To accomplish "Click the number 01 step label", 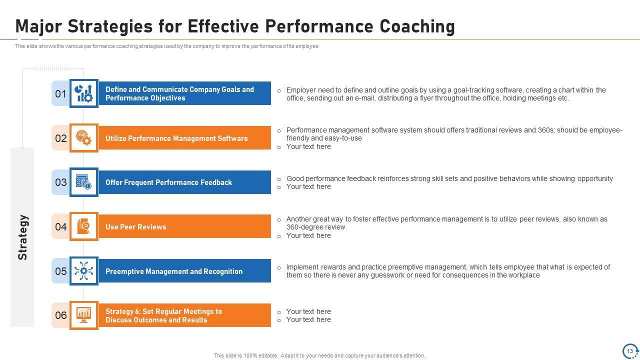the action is click(x=60, y=93).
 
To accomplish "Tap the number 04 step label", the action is click(x=61, y=227).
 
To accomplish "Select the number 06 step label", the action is click(x=61, y=315).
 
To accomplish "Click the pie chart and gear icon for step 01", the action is click(x=83, y=93).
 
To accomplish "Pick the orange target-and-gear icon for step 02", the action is click(x=83, y=138).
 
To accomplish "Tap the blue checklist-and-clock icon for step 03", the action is click(x=83, y=182).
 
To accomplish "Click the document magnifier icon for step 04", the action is click(x=83, y=226).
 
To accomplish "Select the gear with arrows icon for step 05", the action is click(x=83, y=270).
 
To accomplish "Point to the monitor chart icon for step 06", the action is click(x=83, y=315).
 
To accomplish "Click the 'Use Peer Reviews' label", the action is click(x=135, y=227).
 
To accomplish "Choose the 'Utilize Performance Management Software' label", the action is click(x=176, y=138).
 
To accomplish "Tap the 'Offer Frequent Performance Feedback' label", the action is click(x=168, y=182).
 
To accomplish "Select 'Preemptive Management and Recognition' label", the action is click(x=174, y=271).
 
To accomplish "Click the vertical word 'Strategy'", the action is click(x=22, y=237).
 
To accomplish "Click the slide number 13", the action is click(x=630, y=351).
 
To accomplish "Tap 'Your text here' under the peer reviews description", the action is click(x=308, y=235).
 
